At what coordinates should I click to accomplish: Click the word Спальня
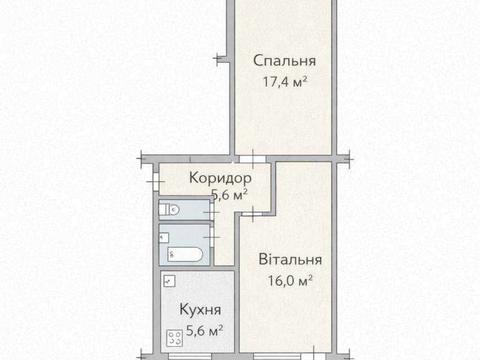click(x=279, y=58)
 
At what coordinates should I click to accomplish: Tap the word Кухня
click(x=200, y=310)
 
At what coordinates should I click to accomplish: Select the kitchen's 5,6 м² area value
click(x=204, y=329)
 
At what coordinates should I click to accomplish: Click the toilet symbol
click(x=170, y=210)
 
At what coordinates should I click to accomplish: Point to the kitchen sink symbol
click(x=171, y=282)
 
